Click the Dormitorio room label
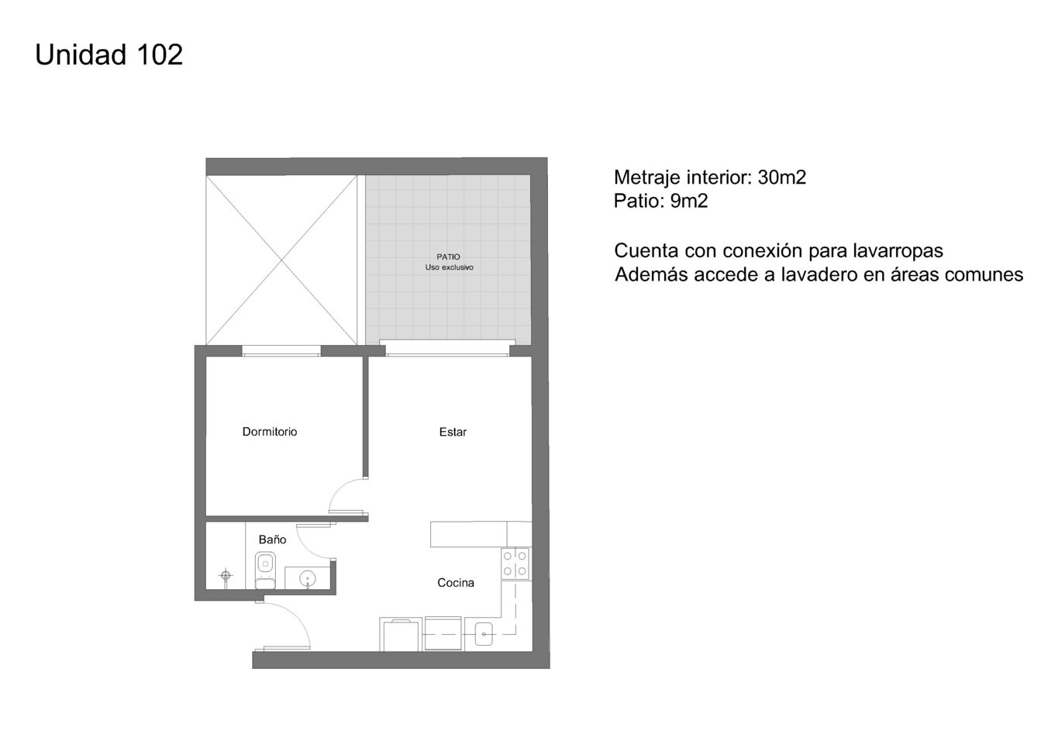pos(270,432)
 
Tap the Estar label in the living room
pos(453,432)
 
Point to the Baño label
pos(273,539)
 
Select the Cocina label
pos(456,583)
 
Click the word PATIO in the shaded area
pos(448,257)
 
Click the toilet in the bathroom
pos(265,570)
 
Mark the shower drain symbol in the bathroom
pos(226,575)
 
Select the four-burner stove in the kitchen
pos(515,564)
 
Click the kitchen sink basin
pos(484,634)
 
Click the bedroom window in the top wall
pos(281,351)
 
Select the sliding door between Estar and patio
pos(447,348)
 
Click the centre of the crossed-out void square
pos(281,260)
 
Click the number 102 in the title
pos(160,55)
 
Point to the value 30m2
pos(782,178)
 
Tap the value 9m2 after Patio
pos(689,202)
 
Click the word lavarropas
pos(898,250)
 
